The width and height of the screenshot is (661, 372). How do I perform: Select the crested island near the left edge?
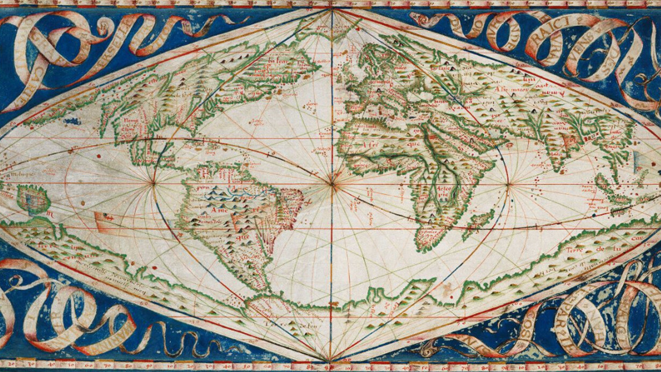click(33, 199)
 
